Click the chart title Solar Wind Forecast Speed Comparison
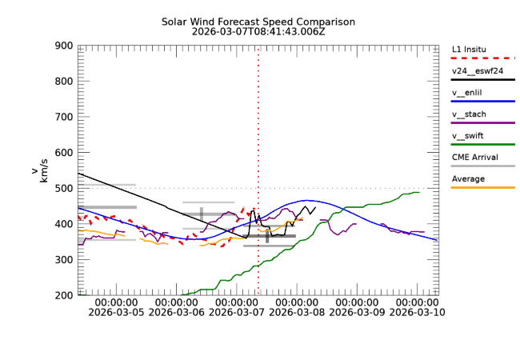pos(258,22)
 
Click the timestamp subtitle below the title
pos(258,32)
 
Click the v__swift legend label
pos(468,135)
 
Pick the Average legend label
pos(468,178)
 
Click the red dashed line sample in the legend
pos(483,58)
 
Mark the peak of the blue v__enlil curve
pos(306,201)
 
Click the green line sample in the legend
pos(483,145)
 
